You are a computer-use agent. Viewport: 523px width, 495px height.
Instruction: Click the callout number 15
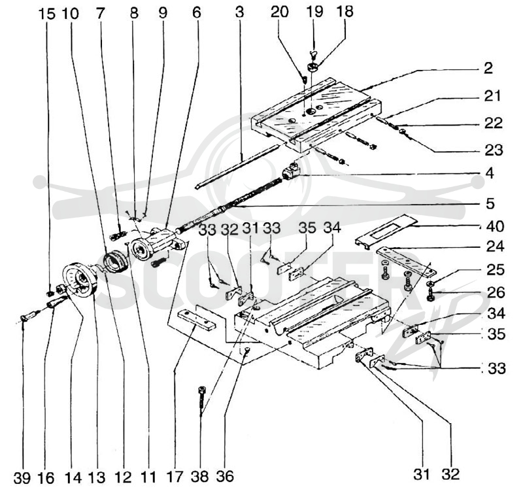point(46,14)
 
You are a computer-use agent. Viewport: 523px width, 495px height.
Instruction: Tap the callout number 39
point(22,478)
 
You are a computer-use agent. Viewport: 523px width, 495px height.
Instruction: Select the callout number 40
point(496,226)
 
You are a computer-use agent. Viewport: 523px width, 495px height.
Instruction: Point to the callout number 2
point(488,68)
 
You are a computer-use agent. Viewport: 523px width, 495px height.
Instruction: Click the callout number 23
point(494,150)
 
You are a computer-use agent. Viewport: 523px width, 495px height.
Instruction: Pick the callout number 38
point(200,477)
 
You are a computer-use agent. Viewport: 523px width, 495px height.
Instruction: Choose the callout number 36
point(225,477)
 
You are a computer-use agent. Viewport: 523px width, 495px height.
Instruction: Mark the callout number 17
point(175,477)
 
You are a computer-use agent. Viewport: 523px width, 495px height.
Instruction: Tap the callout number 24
point(496,246)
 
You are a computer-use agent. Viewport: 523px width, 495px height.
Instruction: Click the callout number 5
point(490,203)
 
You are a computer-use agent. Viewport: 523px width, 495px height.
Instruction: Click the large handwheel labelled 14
point(80,279)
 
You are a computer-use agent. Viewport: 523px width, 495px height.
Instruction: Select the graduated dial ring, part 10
point(115,262)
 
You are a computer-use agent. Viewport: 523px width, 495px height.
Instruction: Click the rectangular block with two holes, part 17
point(197,320)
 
